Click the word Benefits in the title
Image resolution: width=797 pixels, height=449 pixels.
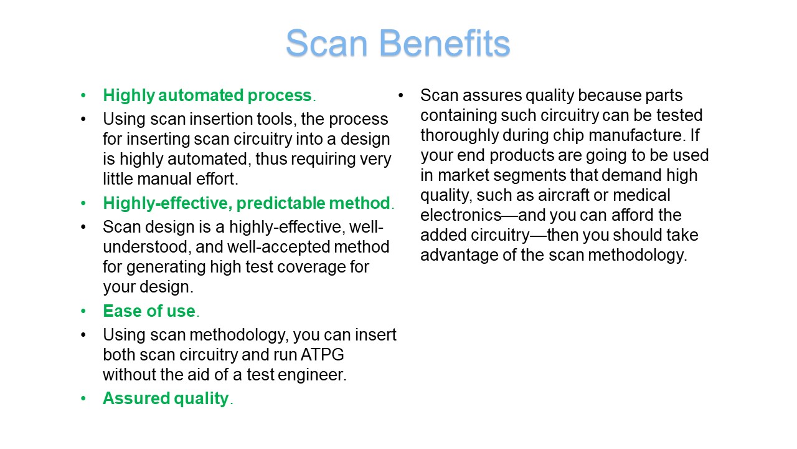click(445, 43)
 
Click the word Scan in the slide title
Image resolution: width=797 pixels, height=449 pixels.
click(327, 43)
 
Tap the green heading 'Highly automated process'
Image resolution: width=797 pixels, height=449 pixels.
click(207, 95)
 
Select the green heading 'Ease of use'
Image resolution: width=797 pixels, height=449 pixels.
click(149, 311)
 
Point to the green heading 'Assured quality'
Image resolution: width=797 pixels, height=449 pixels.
click(166, 398)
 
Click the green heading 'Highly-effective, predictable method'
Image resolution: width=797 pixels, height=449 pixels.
click(247, 203)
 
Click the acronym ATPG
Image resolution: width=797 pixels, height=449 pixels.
click(323, 355)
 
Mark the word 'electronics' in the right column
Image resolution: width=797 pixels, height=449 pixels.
click(461, 215)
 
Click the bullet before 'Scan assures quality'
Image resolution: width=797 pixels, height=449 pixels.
click(401, 95)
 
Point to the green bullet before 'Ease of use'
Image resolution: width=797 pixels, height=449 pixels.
click(83, 311)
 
